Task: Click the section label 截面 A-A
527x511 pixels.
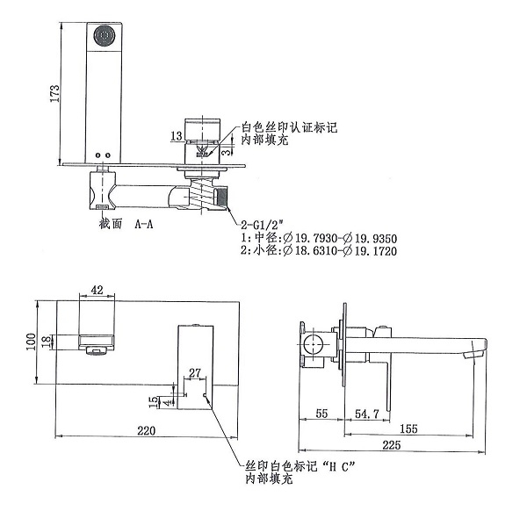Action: click(126, 224)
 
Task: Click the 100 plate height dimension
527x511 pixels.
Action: click(31, 341)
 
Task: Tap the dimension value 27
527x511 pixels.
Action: click(195, 373)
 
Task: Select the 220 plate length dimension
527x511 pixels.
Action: click(146, 430)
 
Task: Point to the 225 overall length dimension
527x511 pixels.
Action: click(392, 445)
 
